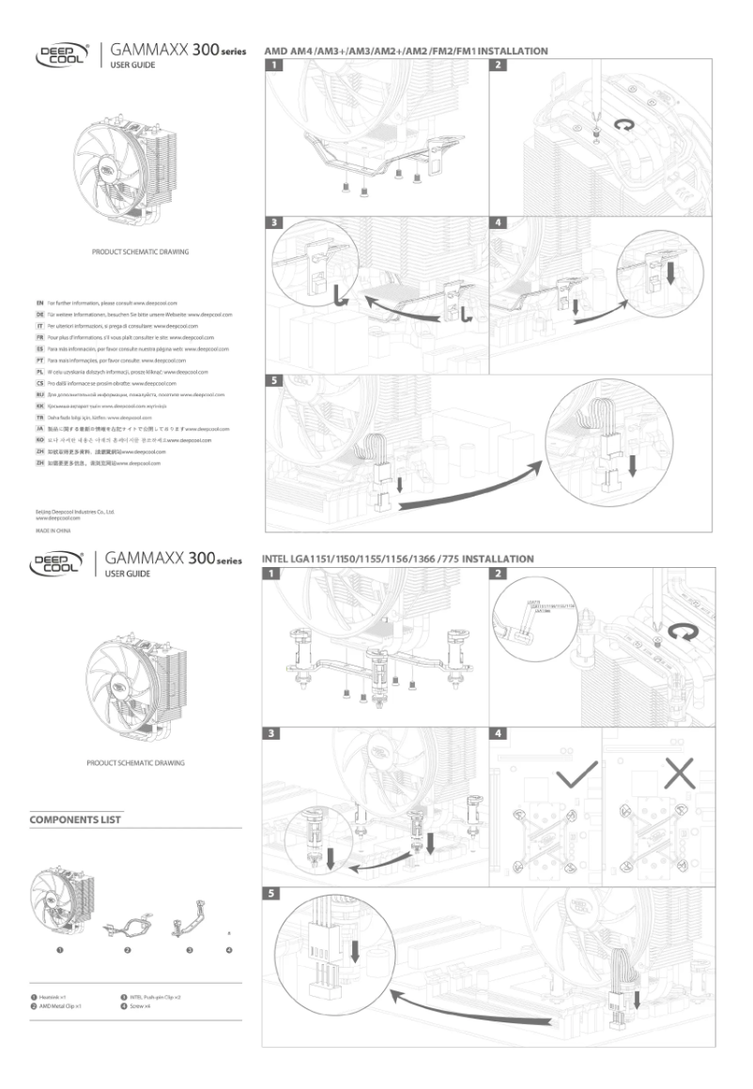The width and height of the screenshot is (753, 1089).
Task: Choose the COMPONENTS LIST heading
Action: (75, 820)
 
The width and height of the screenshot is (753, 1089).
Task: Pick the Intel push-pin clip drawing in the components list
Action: (189, 921)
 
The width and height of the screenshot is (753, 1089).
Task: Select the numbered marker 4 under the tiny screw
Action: (229, 951)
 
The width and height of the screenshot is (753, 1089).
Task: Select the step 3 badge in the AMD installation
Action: (273, 224)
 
